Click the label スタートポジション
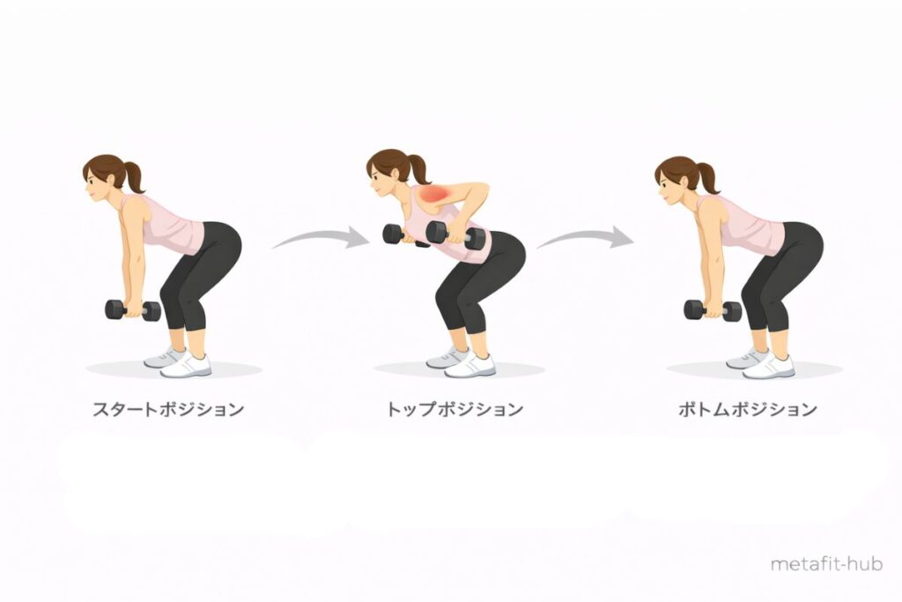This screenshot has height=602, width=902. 168,409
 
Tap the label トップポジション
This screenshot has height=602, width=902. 455,409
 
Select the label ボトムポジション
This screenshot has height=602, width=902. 747,409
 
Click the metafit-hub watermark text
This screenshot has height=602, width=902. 826,563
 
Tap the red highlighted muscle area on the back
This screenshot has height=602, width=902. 434,195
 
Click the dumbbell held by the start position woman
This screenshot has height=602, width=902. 133,310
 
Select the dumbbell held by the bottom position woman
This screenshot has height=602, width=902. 713,310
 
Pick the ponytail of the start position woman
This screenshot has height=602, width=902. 133,176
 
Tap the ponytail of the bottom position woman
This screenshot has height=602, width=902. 708,178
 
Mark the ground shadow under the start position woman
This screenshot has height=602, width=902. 174,369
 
